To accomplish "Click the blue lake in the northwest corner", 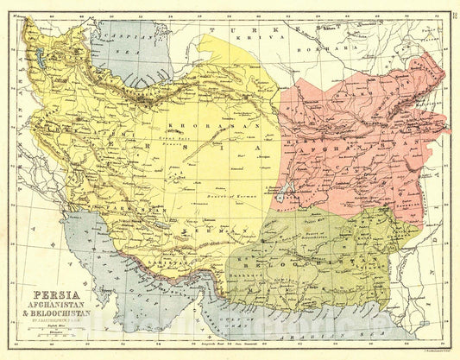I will point(39,61).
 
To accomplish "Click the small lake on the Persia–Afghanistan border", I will point(282,192).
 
